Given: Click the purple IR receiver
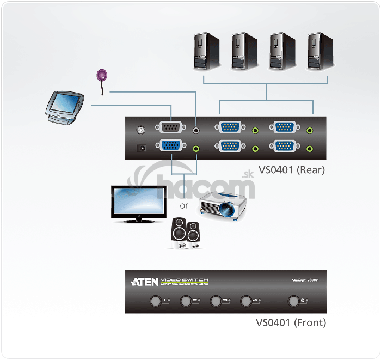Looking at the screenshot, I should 102,76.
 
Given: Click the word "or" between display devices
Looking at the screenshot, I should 185,206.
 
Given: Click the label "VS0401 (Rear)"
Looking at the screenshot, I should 292,169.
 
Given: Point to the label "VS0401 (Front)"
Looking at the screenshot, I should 291,322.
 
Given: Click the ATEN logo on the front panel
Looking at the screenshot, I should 144,282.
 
